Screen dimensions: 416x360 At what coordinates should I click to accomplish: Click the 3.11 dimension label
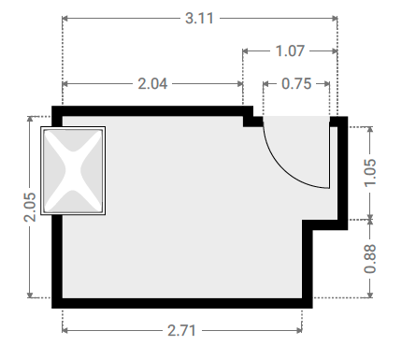pyautogui.click(x=199, y=18)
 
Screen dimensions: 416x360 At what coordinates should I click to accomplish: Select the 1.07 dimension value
pyautogui.click(x=290, y=50)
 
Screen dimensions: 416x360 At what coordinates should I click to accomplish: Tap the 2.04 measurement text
pyautogui.click(x=152, y=83)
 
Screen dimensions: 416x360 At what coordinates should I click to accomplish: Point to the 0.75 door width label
pyautogui.click(x=296, y=83)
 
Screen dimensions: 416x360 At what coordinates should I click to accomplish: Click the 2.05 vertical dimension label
pyautogui.click(x=30, y=208)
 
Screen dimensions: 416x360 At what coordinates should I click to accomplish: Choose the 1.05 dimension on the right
pyautogui.click(x=370, y=173)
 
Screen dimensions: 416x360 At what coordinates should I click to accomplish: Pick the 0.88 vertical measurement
pyautogui.click(x=370, y=259)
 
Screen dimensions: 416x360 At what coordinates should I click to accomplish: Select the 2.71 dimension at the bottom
pyautogui.click(x=181, y=330)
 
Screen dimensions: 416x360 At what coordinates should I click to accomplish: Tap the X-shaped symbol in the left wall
pyautogui.click(x=73, y=171)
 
